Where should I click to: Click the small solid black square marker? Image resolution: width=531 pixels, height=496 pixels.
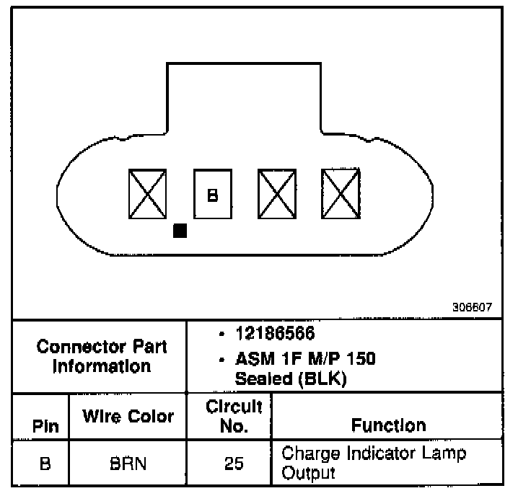[x=180, y=231]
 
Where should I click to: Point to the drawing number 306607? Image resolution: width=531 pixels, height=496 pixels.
[x=472, y=306]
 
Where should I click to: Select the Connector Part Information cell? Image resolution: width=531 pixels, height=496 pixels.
[x=101, y=355]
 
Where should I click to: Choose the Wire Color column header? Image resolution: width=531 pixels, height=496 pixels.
[x=128, y=416]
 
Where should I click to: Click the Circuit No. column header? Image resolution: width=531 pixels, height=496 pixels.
[x=233, y=415]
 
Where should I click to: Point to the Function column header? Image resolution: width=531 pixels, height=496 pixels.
[x=388, y=425]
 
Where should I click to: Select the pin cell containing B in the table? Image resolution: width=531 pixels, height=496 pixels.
[x=45, y=464]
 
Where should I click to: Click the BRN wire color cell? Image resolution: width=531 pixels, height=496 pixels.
[x=128, y=464]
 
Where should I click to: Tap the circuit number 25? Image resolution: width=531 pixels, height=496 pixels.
[x=233, y=464]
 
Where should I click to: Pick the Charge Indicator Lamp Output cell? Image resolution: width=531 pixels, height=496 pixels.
[x=374, y=463]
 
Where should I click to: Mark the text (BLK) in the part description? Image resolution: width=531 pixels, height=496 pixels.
[x=325, y=378]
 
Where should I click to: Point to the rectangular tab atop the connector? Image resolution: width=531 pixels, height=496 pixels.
[x=244, y=97]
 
